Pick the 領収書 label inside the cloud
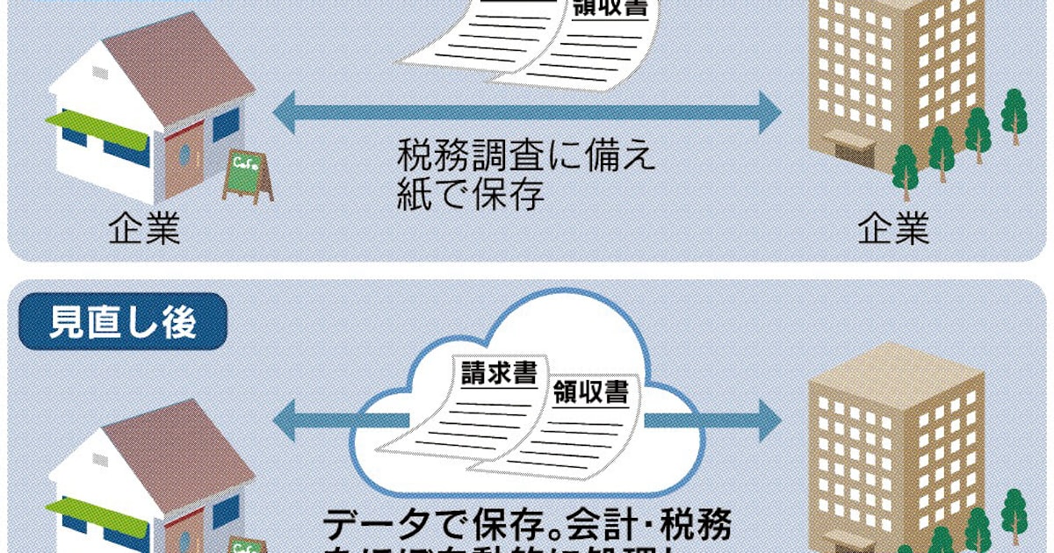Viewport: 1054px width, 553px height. coord(591,391)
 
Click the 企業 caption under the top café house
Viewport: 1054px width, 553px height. coord(144,232)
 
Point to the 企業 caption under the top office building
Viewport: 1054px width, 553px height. coord(892,232)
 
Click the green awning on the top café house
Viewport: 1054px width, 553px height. coord(96,128)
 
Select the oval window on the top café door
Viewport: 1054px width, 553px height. coord(184,156)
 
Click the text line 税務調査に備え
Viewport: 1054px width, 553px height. coord(527,158)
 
